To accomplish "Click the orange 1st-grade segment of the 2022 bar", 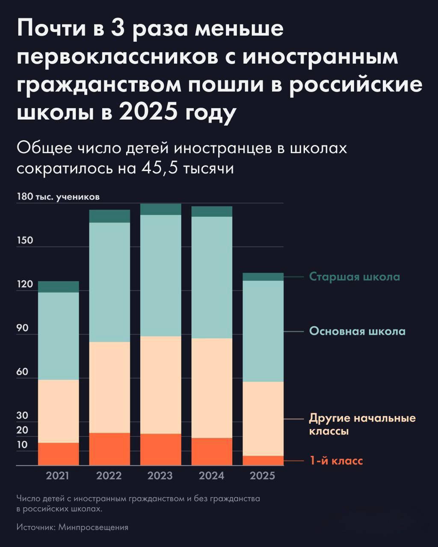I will click(109, 449).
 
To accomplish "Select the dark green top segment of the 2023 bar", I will click(160, 209).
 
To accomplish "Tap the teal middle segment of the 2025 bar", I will click(263, 331).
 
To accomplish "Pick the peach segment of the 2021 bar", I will click(59, 411).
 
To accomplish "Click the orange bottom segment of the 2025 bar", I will click(263, 460).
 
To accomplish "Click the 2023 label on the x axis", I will click(160, 476).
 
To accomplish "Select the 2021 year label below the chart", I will click(57, 476).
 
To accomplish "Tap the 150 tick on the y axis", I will click(25, 240).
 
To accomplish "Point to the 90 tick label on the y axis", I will click(23, 328).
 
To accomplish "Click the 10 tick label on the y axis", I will click(22, 445).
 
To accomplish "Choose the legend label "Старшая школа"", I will click(355, 276).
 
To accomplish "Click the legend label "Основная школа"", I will click(357, 331).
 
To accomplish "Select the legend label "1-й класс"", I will click(336, 461).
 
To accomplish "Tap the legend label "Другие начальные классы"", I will click(362, 424).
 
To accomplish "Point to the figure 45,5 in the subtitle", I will click(160, 168).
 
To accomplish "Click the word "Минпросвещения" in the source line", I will click(93, 527).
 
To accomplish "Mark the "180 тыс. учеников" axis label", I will click(58, 197).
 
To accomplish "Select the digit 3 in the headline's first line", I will click(119, 29).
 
